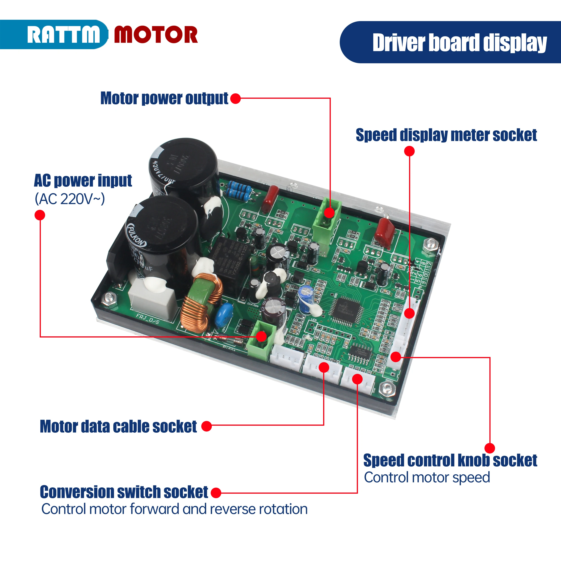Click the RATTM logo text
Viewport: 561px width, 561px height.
(x=63, y=35)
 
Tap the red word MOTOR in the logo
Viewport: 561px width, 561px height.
(x=156, y=35)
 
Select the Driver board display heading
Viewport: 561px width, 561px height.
(x=459, y=43)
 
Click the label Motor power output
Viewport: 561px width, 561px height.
(x=164, y=99)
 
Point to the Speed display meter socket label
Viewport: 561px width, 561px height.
(x=446, y=135)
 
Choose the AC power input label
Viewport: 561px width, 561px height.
(x=83, y=181)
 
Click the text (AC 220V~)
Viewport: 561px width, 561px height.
(x=70, y=199)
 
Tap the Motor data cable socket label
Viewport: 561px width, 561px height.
(x=118, y=427)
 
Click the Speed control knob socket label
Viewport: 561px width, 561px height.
(x=450, y=460)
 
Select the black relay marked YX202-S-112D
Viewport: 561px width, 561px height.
(x=232, y=259)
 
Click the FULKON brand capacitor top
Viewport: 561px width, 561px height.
(x=161, y=222)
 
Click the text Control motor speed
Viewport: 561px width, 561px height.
(x=427, y=478)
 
